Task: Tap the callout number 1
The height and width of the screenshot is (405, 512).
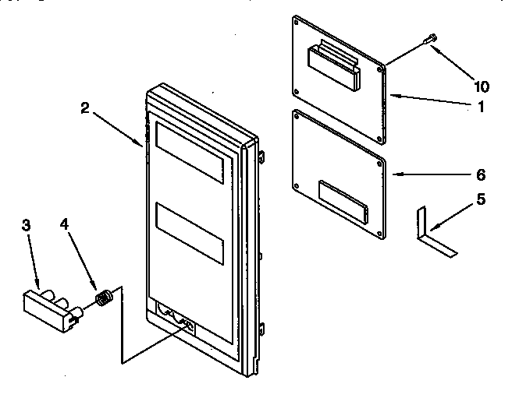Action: [x=481, y=107]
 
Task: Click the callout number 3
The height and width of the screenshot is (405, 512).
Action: [x=26, y=225]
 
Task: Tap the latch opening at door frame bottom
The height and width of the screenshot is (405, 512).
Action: [x=177, y=314]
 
